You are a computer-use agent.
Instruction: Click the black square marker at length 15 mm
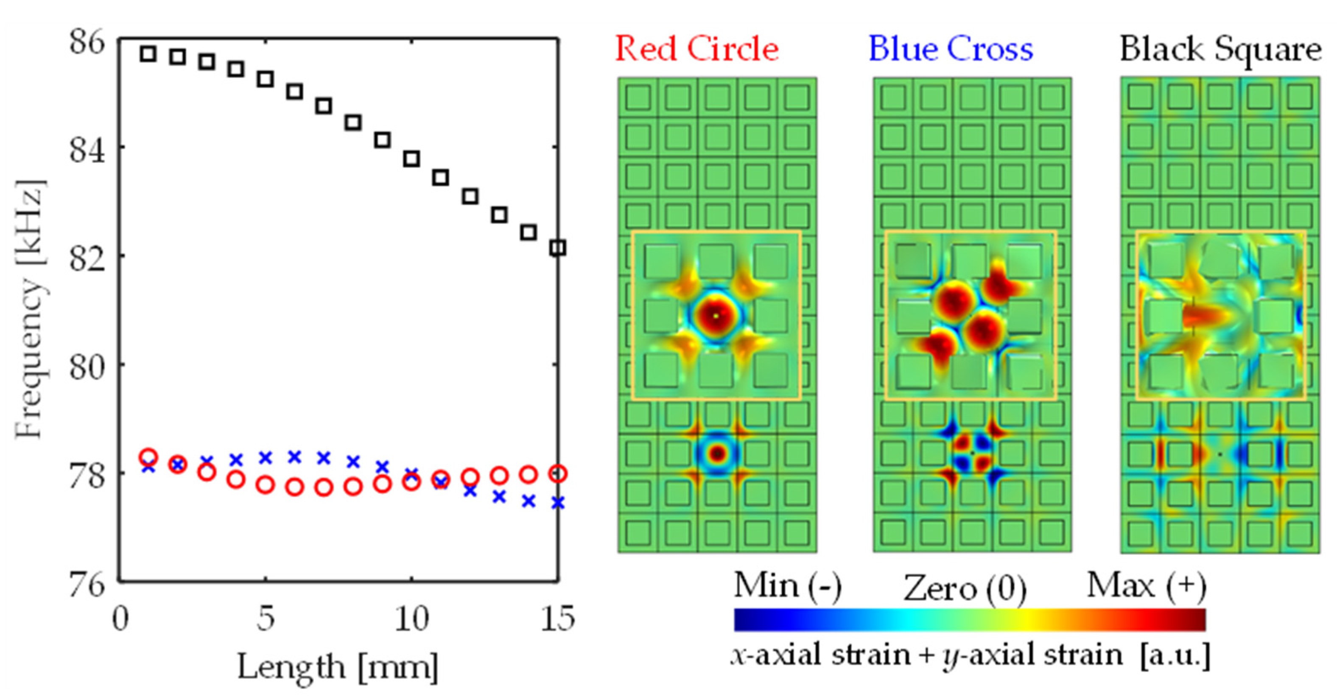(557, 248)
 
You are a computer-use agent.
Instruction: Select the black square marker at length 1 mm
(148, 53)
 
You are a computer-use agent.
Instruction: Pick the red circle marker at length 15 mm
(557, 473)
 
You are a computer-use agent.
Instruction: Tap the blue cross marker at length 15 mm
(557, 502)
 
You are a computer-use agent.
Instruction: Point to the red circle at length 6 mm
(294, 487)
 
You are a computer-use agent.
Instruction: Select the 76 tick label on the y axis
(87, 585)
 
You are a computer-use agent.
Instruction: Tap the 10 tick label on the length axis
(411, 619)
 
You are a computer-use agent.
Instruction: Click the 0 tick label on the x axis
(120, 619)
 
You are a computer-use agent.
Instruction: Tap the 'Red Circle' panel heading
(696, 49)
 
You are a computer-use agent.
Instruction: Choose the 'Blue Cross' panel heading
(950, 49)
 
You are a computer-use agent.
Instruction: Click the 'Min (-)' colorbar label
(787, 586)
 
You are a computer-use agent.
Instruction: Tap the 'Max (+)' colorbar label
(1146, 586)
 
